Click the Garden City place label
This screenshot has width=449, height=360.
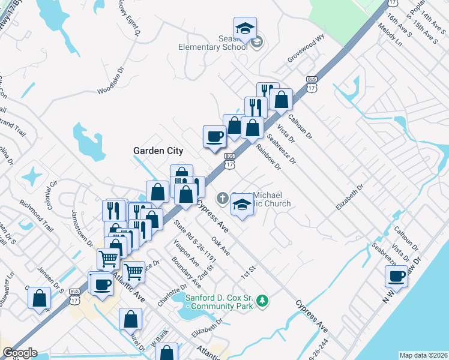click(158, 151)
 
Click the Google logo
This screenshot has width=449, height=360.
click(19, 353)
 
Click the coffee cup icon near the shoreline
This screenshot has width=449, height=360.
click(396, 276)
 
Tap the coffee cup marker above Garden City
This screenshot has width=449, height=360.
click(214, 136)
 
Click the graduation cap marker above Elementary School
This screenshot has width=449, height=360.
click(245, 28)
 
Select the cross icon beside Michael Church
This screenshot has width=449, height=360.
click(222, 197)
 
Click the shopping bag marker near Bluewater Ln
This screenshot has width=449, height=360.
click(39, 298)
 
